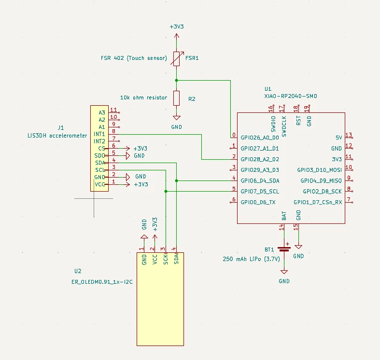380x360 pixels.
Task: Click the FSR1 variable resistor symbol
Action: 177,58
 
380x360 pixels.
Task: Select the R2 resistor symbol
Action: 176,98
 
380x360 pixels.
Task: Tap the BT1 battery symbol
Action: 284,249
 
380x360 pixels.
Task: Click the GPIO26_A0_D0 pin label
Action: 260,138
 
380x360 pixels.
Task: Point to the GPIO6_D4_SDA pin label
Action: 260,181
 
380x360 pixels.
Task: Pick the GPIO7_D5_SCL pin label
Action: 260,192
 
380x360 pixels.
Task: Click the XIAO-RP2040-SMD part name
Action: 291,96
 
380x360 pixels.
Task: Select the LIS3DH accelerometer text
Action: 57,136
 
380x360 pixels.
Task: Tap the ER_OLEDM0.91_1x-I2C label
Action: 102,282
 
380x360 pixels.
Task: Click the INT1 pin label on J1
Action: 99,134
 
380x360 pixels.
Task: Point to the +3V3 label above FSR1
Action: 177,27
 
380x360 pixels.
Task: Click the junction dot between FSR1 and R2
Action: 176,80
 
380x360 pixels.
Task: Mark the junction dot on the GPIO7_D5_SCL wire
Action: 166,192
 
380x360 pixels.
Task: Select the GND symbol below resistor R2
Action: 177,118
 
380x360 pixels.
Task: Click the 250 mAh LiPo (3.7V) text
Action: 251,259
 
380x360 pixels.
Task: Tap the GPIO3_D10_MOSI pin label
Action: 320,170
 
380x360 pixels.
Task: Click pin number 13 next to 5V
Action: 349,135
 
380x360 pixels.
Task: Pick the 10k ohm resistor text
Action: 144,97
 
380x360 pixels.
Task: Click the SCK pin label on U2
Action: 166,259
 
